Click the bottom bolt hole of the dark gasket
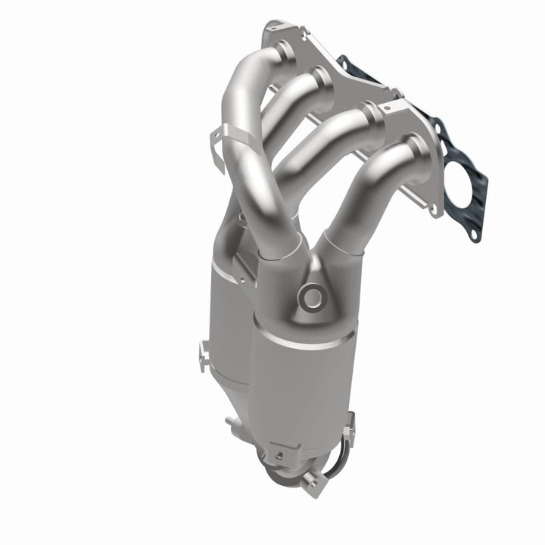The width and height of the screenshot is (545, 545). (x=474, y=236)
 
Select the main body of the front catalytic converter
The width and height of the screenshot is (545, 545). (x=299, y=378)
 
